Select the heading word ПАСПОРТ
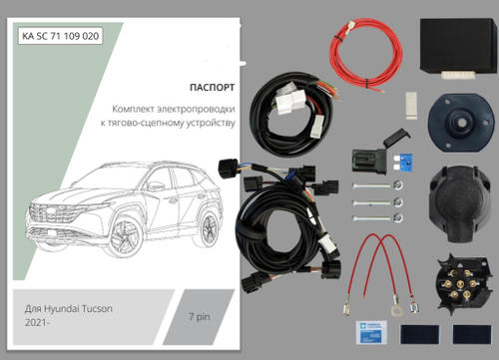(x=210, y=86)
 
